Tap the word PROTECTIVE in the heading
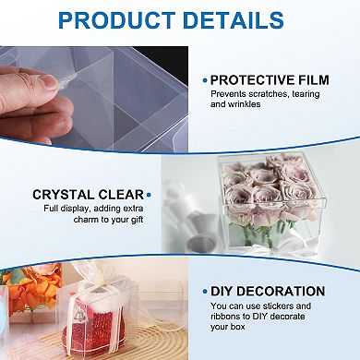click(x=254, y=80)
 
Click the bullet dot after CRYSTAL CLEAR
click(x=148, y=195)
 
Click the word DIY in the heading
click(x=227, y=291)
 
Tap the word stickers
click(x=281, y=306)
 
